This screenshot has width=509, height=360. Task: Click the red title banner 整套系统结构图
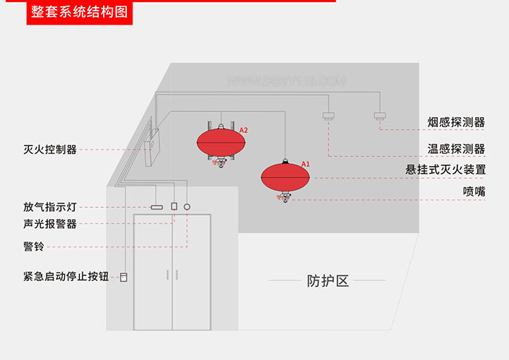point(78,13)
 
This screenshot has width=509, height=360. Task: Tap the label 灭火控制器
point(50,149)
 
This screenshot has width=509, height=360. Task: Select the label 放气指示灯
point(50,207)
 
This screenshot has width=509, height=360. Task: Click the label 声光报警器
point(50,224)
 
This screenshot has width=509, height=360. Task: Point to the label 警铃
point(33,247)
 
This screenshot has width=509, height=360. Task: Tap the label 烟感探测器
point(456,123)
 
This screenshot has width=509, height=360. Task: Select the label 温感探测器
point(456,149)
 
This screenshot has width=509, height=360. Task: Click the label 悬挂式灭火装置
point(446,170)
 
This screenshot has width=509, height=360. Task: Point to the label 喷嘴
point(474,191)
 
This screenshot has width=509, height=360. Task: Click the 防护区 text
point(328,280)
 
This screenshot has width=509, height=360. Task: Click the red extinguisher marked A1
point(285,176)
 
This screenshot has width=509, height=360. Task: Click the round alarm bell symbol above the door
point(187,207)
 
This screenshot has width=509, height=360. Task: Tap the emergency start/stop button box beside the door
point(124,277)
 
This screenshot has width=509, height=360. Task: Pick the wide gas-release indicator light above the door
point(157,207)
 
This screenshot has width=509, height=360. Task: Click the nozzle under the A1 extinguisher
point(285,198)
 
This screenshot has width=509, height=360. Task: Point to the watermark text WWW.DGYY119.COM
point(286,82)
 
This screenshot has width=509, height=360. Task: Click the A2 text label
point(244,130)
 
